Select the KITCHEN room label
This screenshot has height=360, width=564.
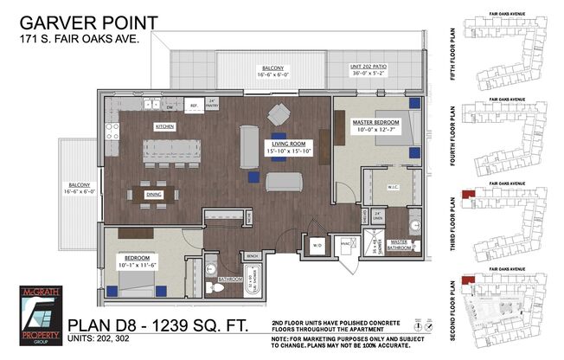click(x=165, y=126)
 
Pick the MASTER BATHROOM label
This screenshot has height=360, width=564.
click(x=400, y=244)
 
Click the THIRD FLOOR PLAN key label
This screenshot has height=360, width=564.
click(x=455, y=211)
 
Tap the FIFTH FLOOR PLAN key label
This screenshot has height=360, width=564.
click(x=455, y=42)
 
